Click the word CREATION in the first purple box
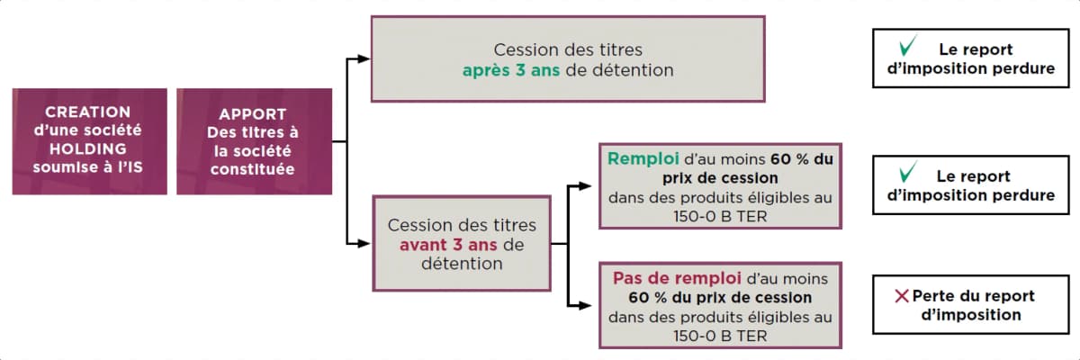point(88,112)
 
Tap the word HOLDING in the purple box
point(88,148)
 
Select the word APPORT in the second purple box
point(253,114)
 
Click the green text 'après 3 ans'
point(511,71)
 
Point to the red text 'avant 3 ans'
point(448,245)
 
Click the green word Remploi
point(643,159)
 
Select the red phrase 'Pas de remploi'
point(677,279)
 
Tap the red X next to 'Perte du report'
point(902,296)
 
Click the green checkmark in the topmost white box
point(908,46)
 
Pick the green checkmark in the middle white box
point(908,173)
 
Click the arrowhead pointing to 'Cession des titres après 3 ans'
point(364,59)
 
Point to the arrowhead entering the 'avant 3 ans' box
point(364,244)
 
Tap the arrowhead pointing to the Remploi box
point(585,186)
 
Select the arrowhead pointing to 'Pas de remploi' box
point(585,305)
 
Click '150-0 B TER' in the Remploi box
point(720,217)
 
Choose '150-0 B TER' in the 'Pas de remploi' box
point(720,337)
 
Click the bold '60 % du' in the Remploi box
point(802,159)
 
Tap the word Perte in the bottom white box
point(936,296)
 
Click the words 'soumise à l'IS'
point(88,167)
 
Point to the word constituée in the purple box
point(253,169)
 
